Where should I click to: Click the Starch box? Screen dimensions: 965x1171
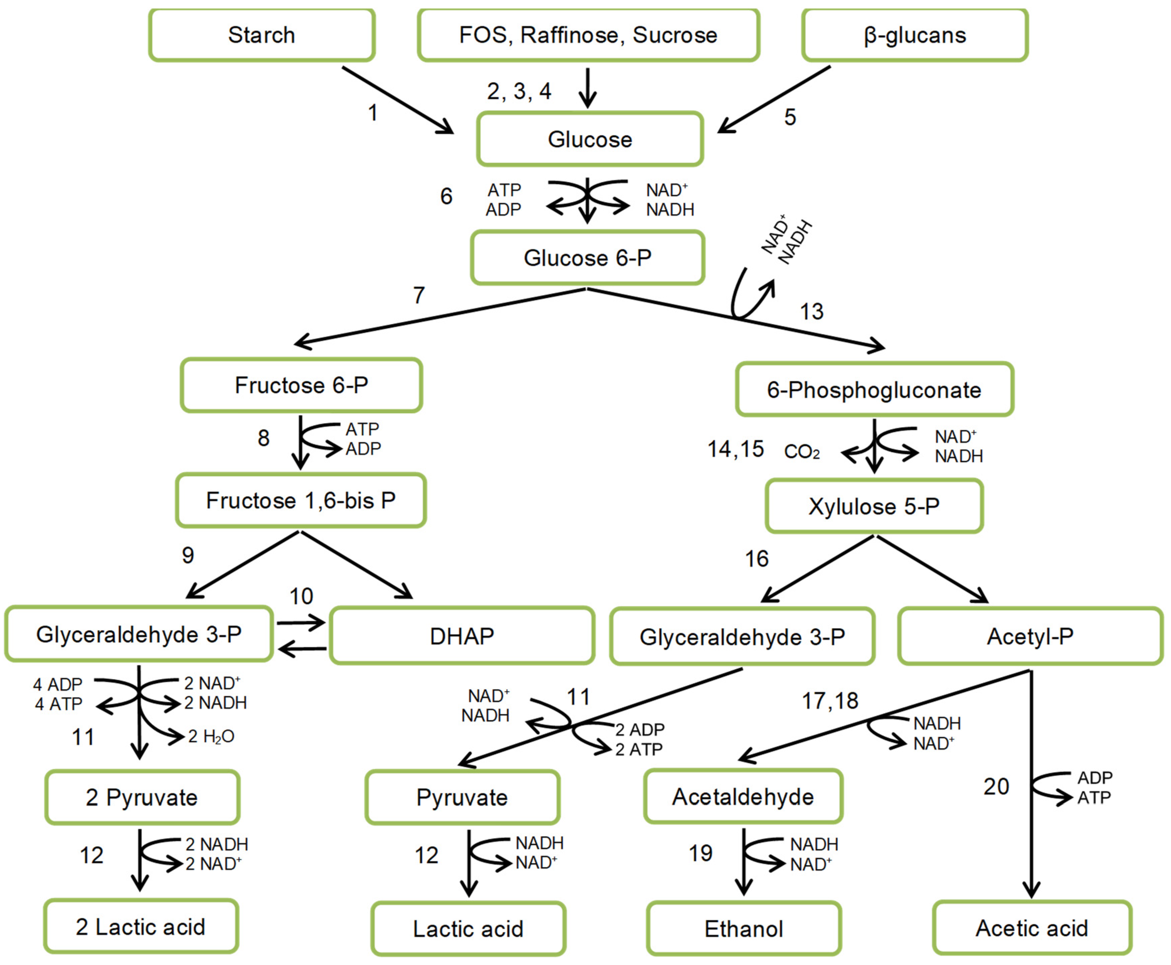[261, 35]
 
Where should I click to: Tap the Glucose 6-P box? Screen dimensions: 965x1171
[588, 258]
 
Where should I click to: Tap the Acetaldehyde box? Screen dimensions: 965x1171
[743, 797]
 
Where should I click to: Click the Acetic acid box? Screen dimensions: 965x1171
[1032, 928]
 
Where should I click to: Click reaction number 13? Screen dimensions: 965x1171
[811, 311]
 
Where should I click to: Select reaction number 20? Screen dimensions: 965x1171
[996, 786]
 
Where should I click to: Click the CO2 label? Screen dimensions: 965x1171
[802, 452]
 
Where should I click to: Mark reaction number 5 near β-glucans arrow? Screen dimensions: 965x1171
[790, 117]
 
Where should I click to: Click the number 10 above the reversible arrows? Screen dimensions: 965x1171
[301, 597]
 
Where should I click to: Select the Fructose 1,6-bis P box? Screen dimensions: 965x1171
[301, 500]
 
